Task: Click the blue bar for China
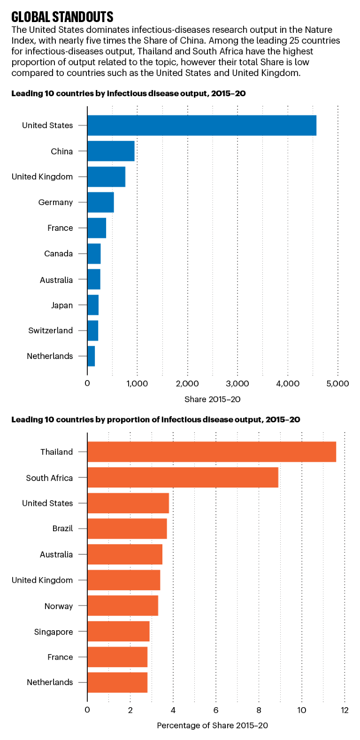[111, 151]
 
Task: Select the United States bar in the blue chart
[202, 125]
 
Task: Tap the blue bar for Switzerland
[92, 330]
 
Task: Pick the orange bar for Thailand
[211, 452]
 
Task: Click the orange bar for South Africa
[183, 478]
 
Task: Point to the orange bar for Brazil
[127, 529]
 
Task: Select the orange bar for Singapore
[118, 632]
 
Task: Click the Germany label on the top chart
[55, 202]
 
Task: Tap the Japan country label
[62, 305]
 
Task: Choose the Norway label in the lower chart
[59, 606]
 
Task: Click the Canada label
[58, 253]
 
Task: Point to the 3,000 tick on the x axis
[237, 383]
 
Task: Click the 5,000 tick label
[337, 383]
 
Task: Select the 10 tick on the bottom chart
[301, 710]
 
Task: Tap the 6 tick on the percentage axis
[216, 710]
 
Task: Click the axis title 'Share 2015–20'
[212, 399]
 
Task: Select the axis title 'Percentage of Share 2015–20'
[212, 725]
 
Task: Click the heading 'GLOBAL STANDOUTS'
[62, 17]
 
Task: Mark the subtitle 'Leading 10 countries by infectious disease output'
[128, 93]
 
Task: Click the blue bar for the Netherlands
[91, 356]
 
